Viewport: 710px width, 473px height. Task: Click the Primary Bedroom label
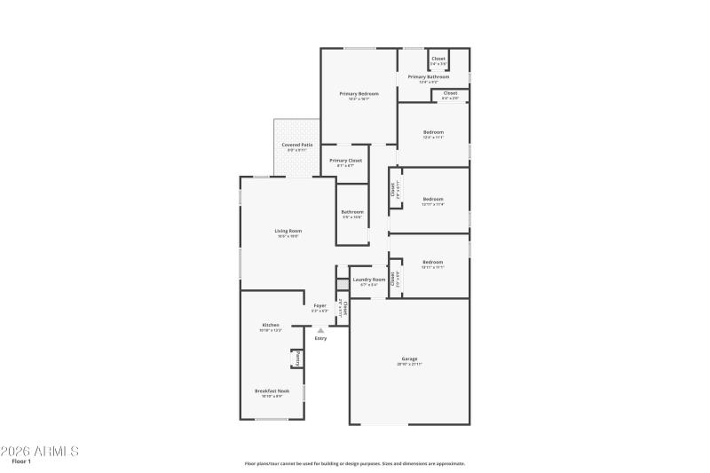pos(359,93)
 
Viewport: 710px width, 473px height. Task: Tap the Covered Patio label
pos(296,145)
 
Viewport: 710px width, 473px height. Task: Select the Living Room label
pos(288,231)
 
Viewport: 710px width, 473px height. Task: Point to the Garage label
pos(409,359)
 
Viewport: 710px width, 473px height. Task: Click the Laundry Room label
pos(368,280)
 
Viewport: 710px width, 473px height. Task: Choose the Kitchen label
pos(271,325)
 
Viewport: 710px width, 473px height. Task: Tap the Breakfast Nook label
pos(272,390)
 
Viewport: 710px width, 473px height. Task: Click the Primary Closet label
pos(345,161)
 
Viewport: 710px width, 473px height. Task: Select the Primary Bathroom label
pos(429,77)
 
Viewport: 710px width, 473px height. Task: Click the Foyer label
pos(319,305)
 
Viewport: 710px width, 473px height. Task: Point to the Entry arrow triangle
pos(320,330)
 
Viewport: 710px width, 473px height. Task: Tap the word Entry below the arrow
pos(320,338)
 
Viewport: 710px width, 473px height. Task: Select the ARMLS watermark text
pos(40,452)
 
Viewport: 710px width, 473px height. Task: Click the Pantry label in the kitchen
pos(297,359)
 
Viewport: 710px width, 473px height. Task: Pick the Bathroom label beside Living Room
pos(352,211)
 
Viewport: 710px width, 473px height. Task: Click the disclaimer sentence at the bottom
pos(355,463)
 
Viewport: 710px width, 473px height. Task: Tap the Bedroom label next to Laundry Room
pos(432,262)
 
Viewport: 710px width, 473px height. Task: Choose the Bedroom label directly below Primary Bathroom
pos(433,132)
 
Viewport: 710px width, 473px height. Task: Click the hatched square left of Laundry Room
pos(342,283)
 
